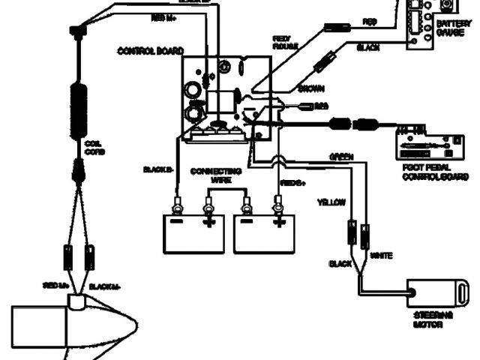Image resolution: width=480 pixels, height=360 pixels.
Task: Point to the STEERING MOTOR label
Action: click(433, 321)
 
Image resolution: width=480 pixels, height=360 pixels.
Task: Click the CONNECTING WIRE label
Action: click(211, 175)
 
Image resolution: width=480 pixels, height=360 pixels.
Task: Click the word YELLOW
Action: click(331, 202)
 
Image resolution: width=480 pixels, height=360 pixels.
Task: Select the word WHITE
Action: click(382, 256)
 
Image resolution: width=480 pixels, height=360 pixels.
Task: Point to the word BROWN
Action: click(310, 88)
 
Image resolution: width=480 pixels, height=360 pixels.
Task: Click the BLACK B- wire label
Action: click(158, 169)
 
